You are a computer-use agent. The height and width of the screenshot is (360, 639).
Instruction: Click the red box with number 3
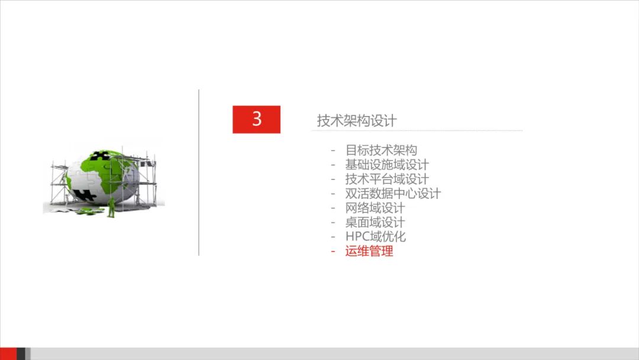click(x=256, y=119)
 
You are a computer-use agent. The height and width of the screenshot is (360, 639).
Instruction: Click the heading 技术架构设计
click(x=356, y=121)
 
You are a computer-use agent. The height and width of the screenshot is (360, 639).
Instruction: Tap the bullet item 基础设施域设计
click(x=387, y=165)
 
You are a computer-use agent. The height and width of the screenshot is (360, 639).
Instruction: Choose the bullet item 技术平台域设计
click(x=387, y=179)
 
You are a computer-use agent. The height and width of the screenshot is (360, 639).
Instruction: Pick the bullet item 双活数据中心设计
click(x=393, y=194)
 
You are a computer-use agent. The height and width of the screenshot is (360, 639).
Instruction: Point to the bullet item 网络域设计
click(x=375, y=208)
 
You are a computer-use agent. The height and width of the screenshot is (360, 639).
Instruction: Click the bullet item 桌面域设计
click(x=375, y=223)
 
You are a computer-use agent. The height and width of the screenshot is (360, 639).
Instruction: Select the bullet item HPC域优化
click(x=376, y=237)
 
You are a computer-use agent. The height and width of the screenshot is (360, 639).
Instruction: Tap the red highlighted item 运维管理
click(x=369, y=251)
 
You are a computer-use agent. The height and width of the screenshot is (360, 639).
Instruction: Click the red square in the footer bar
click(x=8, y=353)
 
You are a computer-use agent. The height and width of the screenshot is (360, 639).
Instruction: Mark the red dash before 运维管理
click(x=333, y=251)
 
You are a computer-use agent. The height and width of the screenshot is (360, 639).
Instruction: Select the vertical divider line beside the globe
click(x=199, y=172)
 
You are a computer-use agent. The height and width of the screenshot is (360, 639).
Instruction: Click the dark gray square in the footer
click(x=21, y=353)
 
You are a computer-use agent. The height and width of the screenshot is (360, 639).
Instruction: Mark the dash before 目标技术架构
click(x=333, y=150)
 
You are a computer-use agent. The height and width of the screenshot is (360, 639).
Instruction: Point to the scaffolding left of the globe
click(x=58, y=181)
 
